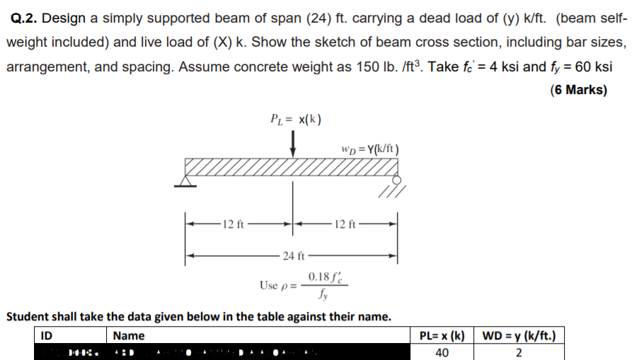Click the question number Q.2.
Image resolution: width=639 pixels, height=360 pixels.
point(26,17)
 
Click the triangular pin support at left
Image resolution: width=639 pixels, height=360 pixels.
point(185,182)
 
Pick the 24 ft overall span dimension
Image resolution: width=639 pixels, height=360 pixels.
point(292,255)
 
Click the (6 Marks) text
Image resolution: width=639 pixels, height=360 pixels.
point(578,90)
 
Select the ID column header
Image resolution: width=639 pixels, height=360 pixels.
point(48,335)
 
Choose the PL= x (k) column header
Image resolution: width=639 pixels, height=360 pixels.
point(442,335)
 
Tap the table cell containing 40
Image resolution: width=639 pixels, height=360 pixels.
point(442,352)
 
